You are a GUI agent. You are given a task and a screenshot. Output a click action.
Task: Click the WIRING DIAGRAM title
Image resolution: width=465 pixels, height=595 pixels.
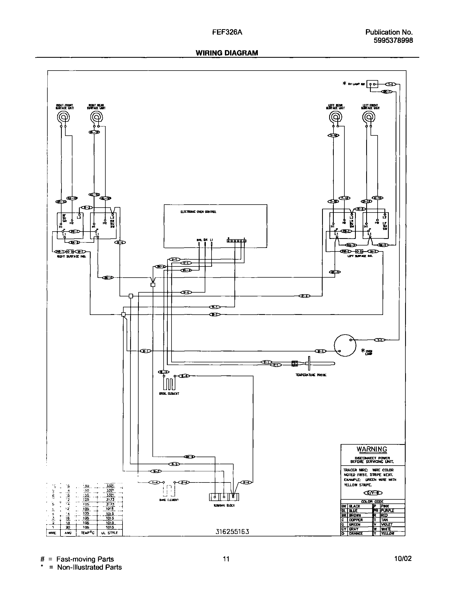(x=227, y=53)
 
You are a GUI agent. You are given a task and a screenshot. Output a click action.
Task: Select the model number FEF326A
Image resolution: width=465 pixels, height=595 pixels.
(x=227, y=32)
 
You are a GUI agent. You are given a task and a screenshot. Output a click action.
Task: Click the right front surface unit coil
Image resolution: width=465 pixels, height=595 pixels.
(x=63, y=118)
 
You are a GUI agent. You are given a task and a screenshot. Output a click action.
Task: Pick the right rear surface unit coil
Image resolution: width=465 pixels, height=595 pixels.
(x=96, y=118)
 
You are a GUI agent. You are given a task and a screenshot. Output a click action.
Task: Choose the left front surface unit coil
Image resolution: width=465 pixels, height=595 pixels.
(x=368, y=118)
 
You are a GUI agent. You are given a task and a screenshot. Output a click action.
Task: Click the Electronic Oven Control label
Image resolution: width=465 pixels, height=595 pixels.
(x=198, y=212)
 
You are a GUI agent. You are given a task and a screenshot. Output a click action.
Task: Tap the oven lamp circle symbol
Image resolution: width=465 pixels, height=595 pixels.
(x=345, y=345)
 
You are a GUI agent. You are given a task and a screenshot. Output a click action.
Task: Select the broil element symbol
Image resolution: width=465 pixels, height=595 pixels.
(x=169, y=384)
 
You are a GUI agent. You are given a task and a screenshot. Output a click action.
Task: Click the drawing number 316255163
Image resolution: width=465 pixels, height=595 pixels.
(x=232, y=532)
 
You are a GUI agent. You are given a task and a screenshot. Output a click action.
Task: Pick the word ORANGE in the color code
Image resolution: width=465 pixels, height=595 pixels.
(x=356, y=533)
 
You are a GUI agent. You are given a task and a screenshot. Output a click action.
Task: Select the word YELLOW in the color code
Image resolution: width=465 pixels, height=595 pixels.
(x=387, y=533)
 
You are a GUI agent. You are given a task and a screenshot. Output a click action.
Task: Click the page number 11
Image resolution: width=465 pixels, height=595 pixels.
(x=226, y=559)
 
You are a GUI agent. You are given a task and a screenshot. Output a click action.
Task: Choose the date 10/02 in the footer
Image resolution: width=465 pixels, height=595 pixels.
(x=403, y=559)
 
